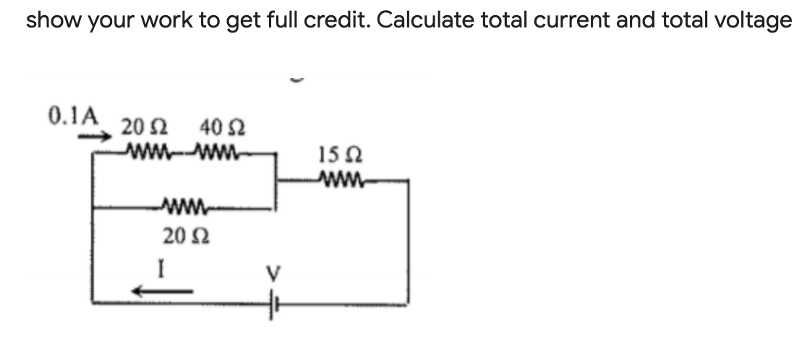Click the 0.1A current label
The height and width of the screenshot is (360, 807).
tap(72, 115)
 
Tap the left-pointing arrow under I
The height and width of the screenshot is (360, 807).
tap(161, 291)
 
